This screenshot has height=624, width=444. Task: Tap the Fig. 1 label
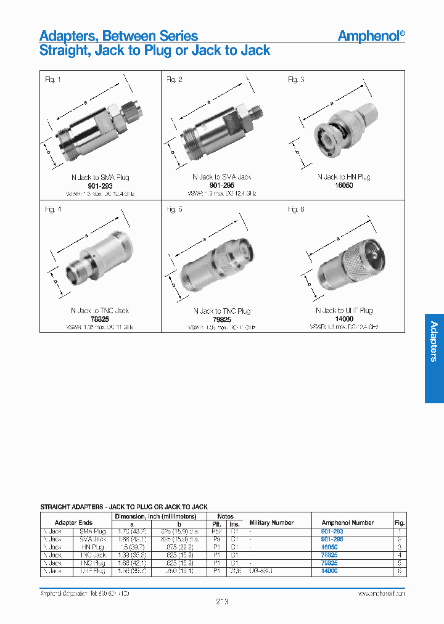pyautogui.click(x=53, y=80)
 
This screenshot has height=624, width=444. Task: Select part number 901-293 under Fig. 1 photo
pyautogui.click(x=100, y=186)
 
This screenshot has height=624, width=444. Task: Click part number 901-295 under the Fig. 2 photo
pyautogui.click(x=221, y=186)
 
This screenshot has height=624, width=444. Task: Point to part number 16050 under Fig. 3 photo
pyautogui.click(x=343, y=186)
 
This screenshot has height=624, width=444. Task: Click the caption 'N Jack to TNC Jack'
pyautogui.click(x=100, y=311)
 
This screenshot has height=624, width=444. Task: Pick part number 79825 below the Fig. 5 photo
pyautogui.click(x=221, y=319)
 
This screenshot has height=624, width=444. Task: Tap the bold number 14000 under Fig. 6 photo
pyautogui.click(x=343, y=319)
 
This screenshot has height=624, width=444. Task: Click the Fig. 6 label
pyautogui.click(x=296, y=210)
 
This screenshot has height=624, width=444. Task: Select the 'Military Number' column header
pyautogui.click(x=272, y=522)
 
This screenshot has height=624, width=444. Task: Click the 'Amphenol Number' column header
pyautogui.click(x=348, y=522)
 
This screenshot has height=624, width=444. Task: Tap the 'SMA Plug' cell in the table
pyautogui.click(x=92, y=531)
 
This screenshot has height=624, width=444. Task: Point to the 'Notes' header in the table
pyautogui.click(x=225, y=515)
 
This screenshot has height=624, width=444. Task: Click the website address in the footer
pyautogui.click(x=381, y=593)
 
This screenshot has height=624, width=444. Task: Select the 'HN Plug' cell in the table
pyautogui.click(x=92, y=547)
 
